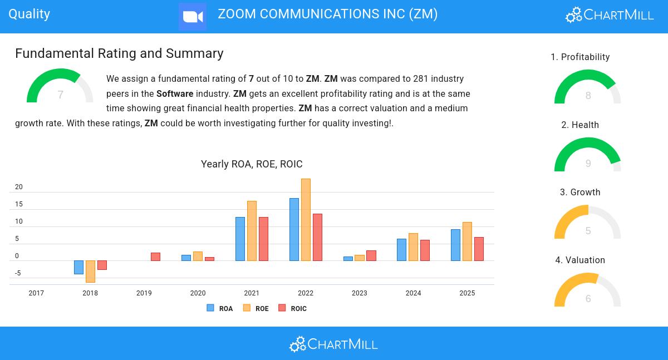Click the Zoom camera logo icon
pyautogui.click(x=193, y=17)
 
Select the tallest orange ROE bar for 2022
pyautogui.click(x=306, y=220)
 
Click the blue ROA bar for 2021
pyautogui.click(x=240, y=239)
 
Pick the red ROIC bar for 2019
pyautogui.click(x=155, y=257)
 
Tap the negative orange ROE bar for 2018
pyautogui.click(x=90, y=271)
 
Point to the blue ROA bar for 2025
pyautogui.click(x=455, y=245)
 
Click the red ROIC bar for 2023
pyautogui.click(x=371, y=255)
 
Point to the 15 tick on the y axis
pyautogui.click(x=19, y=204)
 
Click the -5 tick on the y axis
pyautogui.click(x=18, y=273)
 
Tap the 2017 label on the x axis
pyautogui.click(x=36, y=293)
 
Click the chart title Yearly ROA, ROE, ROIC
pyautogui.click(x=252, y=164)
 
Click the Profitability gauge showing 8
pyautogui.click(x=587, y=88)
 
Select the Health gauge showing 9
pyautogui.click(x=587, y=156)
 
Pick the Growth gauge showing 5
pyautogui.click(x=587, y=223)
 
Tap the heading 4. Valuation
pyautogui.click(x=580, y=260)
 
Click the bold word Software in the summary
pyautogui.click(x=175, y=93)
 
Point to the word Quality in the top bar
pyautogui.click(x=30, y=14)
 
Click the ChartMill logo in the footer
pyautogui.click(x=333, y=344)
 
